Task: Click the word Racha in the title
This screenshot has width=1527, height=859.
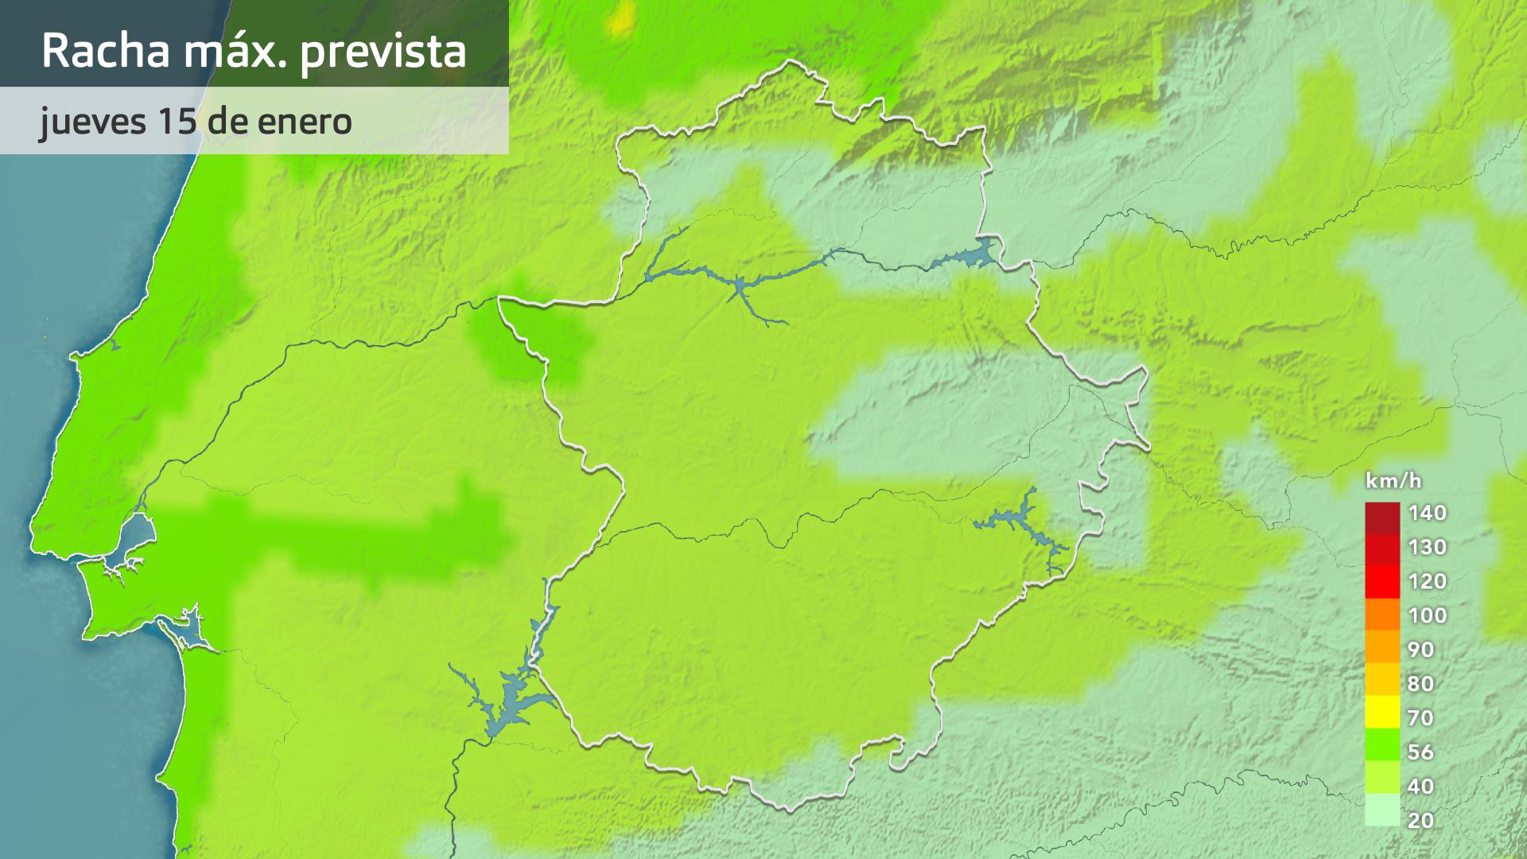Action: (106, 51)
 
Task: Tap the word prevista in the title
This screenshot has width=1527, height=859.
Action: (383, 52)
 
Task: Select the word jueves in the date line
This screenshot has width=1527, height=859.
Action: (93, 122)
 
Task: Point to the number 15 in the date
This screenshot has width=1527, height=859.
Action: (177, 121)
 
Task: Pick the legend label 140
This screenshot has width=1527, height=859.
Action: (1427, 513)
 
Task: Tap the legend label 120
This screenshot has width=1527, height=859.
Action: (1427, 581)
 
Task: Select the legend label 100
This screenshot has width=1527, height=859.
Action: (1427, 616)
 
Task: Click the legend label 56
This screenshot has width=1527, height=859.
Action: (1420, 752)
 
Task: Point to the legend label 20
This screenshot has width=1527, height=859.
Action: (1420, 821)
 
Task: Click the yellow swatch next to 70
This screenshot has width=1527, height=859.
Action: (1382, 713)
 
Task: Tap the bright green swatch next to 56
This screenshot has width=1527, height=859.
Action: (1382, 745)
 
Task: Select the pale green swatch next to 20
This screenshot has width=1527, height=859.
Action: (1382, 811)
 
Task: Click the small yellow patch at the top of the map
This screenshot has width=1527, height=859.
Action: (622, 20)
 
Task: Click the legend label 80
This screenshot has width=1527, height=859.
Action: (1420, 684)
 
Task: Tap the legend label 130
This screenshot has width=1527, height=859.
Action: (1427, 547)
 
